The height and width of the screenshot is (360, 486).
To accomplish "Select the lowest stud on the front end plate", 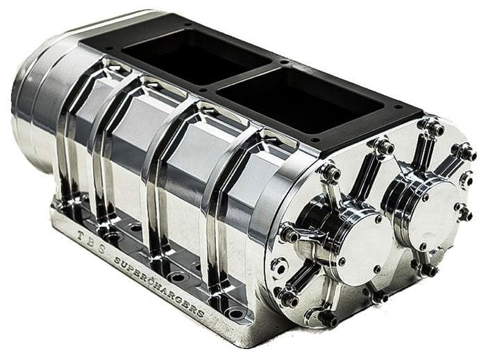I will (x=327, y=319).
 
